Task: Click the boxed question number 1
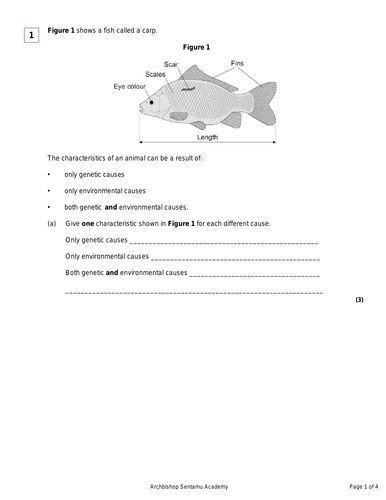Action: pos(31,36)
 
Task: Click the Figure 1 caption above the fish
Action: pos(196,47)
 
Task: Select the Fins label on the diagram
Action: pos(237,62)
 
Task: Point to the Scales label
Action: pos(155,74)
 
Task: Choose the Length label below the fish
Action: pos(207,138)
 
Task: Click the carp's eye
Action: pos(152,102)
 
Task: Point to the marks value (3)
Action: pos(359,300)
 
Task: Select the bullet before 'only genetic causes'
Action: pos(49,174)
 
